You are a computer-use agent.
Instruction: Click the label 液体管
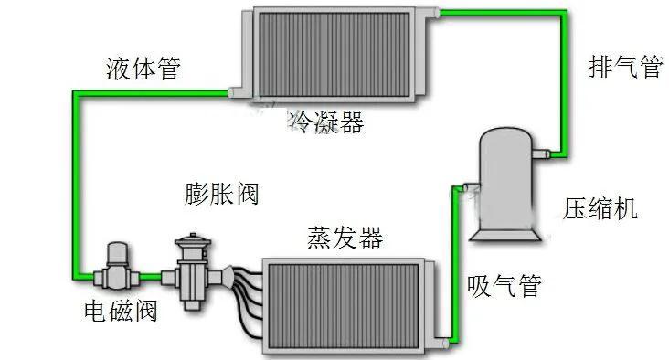(x=143, y=69)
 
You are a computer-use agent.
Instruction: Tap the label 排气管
(x=624, y=67)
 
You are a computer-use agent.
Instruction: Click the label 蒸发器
(x=345, y=238)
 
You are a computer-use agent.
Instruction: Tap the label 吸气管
(x=504, y=286)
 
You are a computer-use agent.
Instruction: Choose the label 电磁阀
(x=120, y=312)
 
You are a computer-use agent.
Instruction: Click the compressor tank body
(x=508, y=183)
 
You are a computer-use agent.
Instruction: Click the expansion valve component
(x=193, y=270)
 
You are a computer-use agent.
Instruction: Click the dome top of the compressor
(x=508, y=135)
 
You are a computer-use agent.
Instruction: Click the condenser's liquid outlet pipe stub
(x=236, y=91)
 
